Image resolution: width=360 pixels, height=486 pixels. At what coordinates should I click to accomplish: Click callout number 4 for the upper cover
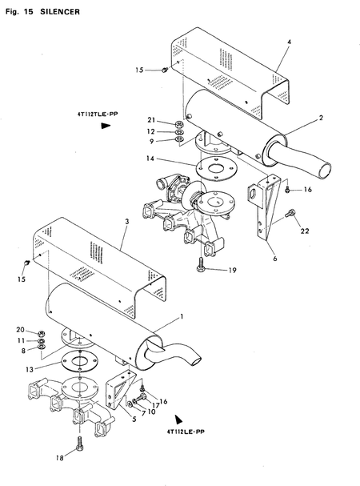pyautogui.click(x=289, y=41)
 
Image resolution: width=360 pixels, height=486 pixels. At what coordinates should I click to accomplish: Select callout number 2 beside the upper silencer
pyautogui.click(x=320, y=118)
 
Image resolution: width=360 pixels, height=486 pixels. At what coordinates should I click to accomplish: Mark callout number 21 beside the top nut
pyautogui.click(x=162, y=120)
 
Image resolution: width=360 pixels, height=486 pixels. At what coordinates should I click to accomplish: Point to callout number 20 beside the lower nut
pyautogui.click(x=20, y=330)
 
